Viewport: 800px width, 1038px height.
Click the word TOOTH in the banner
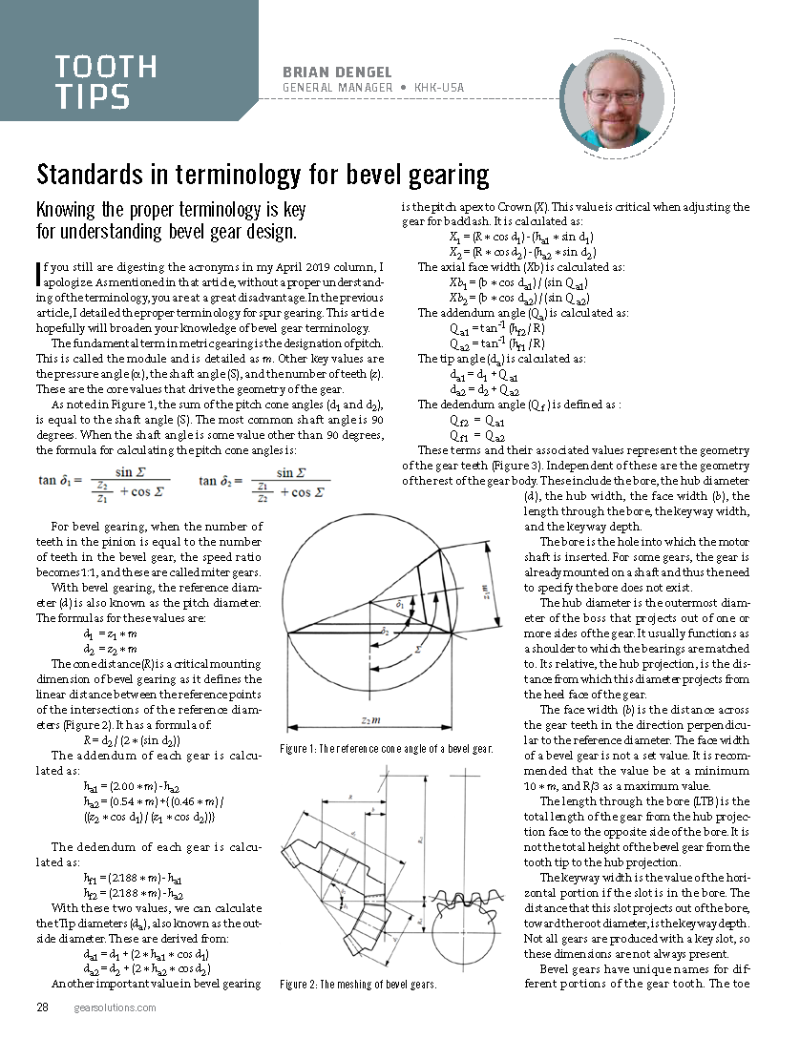[106, 67]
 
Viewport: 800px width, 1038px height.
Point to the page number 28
[43, 1007]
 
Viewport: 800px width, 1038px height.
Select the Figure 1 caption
[387, 749]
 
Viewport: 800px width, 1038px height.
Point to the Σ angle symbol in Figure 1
[418, 648]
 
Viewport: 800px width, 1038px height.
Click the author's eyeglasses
[614, 95]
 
